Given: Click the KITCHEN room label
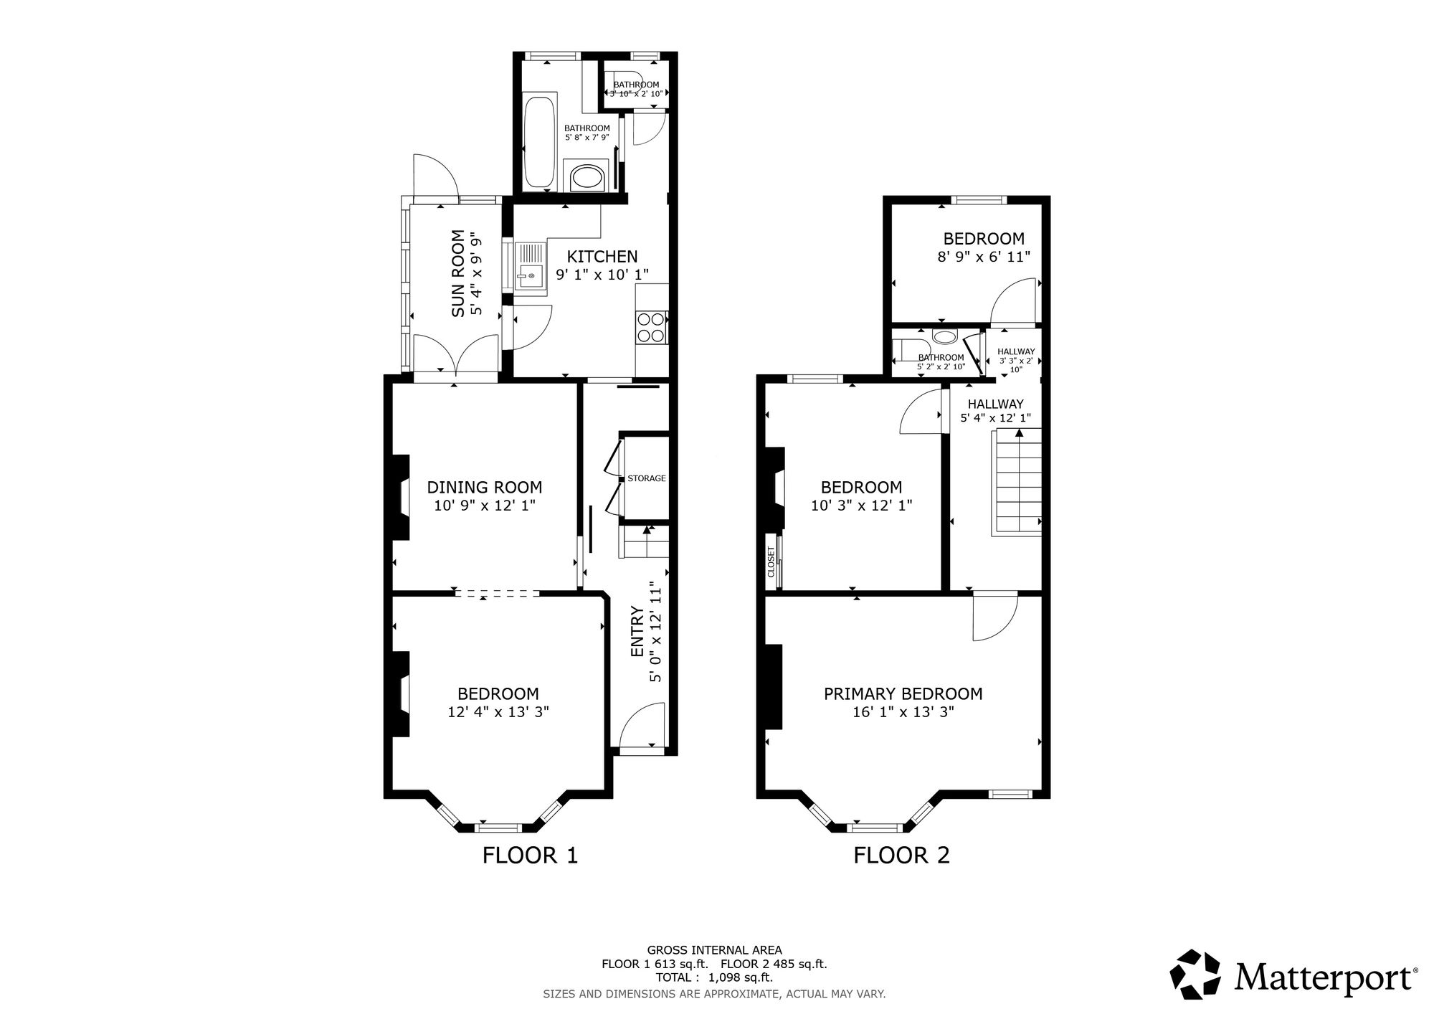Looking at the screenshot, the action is [602, 257].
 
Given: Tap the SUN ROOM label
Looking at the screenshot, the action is [458, 274].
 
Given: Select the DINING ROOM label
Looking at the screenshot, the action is [485, 488].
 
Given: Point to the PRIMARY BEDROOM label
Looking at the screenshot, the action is [903, 693].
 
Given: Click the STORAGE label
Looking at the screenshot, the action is [647, 478].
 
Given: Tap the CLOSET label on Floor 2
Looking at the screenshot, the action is [771, 562].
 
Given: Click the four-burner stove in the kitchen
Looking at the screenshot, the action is [651, 327].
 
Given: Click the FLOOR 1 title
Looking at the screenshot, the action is [530, 856].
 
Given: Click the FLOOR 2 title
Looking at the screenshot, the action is [901, 856].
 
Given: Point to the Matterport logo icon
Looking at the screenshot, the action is [1195, 974].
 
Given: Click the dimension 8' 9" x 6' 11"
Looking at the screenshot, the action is [984, 256].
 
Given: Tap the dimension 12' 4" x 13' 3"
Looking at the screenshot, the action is [498, 712].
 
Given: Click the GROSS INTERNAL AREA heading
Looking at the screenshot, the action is [714, 950].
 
